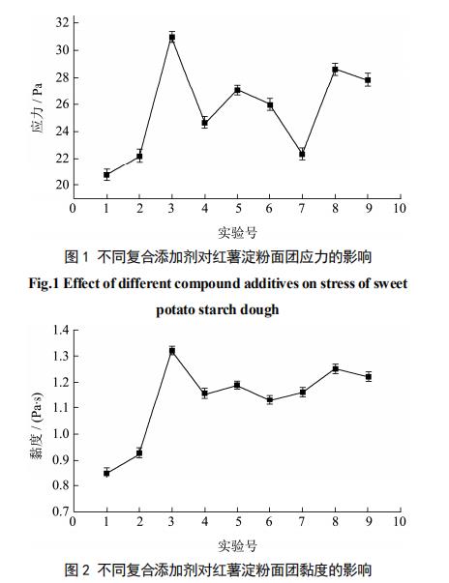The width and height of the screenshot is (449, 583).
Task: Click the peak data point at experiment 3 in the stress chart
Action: point(172,37)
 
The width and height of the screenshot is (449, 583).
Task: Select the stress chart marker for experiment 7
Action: point(302,154)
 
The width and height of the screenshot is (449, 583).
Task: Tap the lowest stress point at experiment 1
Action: point(106,174)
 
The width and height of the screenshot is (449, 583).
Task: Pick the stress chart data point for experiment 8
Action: point(335,70)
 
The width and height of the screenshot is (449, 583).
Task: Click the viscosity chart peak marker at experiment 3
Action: point(172,351)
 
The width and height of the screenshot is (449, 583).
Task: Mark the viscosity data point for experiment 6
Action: point(270,400)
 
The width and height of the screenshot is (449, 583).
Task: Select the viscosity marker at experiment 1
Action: point(106,474)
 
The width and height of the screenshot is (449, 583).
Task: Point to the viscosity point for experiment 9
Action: point(369,377)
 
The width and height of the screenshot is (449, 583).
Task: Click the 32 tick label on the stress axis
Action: point(62,22)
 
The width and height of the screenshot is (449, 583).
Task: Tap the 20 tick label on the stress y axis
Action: point(62,185)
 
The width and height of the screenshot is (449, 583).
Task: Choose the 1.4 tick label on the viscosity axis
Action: point(61,330)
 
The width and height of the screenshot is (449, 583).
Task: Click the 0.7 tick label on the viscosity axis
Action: point(61,511)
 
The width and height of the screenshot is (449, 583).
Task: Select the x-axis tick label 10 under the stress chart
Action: point(399,208)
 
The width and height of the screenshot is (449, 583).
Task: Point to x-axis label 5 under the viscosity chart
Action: point(238,521)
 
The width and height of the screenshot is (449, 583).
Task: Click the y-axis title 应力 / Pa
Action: point(37,108)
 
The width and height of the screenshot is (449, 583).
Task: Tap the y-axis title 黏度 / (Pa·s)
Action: point(37,425)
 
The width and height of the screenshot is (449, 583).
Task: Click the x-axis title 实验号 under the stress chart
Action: point(237,233)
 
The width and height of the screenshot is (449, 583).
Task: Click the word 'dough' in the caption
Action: point(259,309)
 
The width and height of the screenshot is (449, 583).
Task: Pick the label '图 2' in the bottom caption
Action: point(76,569)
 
